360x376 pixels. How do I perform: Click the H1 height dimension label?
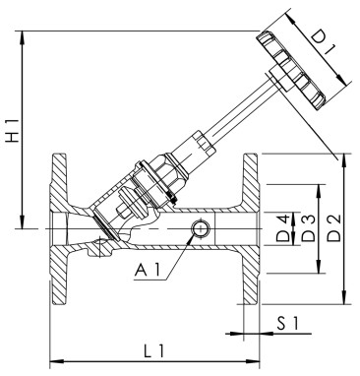pyautogui.click(x=12, y=133)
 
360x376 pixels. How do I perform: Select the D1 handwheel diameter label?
pyautogui.click(x=324, y=47)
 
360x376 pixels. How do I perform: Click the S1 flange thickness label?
pyautogui.click(x=287, y=322)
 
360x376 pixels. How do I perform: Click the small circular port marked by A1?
pyautogui.click(x=200, y=229)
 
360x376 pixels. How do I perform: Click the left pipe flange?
pyautogui.click(x=57, y=229)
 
